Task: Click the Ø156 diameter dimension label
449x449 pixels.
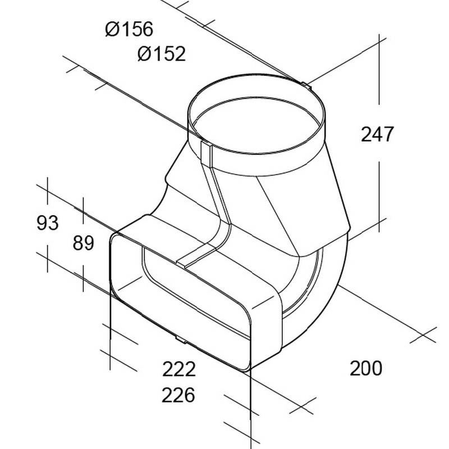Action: point(129,28)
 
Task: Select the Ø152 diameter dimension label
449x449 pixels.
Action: point(161,54)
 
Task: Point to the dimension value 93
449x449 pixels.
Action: point(47,223)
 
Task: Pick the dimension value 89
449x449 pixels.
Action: point(83,243)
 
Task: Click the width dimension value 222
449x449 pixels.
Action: point(178,369)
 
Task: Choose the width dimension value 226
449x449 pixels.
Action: point(178,395)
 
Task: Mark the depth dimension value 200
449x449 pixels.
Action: point(365,368)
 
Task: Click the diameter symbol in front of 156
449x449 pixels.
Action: point(112,28)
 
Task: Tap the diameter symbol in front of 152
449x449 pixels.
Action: point(144,54)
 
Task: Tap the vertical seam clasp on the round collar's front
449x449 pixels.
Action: point(205,152)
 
